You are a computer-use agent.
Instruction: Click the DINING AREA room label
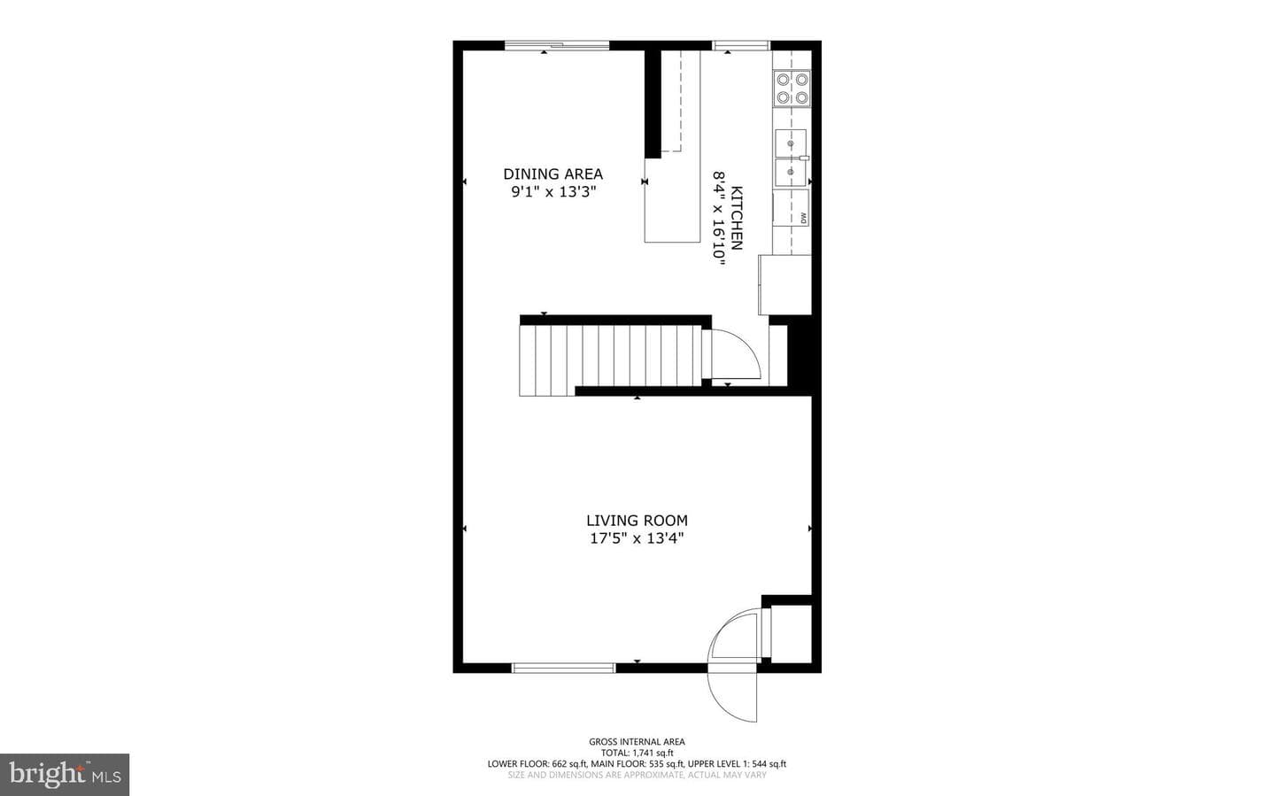(x=552, y=174)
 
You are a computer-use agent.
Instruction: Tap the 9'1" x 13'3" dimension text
(x=553, y=192)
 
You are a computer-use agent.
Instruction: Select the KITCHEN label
(x=737, y=218)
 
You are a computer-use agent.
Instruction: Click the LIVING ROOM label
(x=637, y=521)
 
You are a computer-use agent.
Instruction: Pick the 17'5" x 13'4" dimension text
(x=637, y=538)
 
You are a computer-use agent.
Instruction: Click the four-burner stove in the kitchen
(x=792, y=89)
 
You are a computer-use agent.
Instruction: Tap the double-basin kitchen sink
(x=792, y=158)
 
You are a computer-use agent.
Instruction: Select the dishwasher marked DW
(x=792, y=208)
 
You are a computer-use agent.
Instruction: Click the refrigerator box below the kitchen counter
(x=784, y=285)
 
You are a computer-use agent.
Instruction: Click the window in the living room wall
(x=563, y=668)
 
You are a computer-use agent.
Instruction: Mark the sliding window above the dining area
(x=557, y=45)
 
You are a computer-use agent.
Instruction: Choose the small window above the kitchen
(x=742, y=45)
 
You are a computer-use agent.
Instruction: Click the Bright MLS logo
(x=65, y=775)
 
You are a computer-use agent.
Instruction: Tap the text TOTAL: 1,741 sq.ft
(x=637, y=753)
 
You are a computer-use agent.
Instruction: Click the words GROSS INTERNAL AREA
(x=637, y=741)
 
